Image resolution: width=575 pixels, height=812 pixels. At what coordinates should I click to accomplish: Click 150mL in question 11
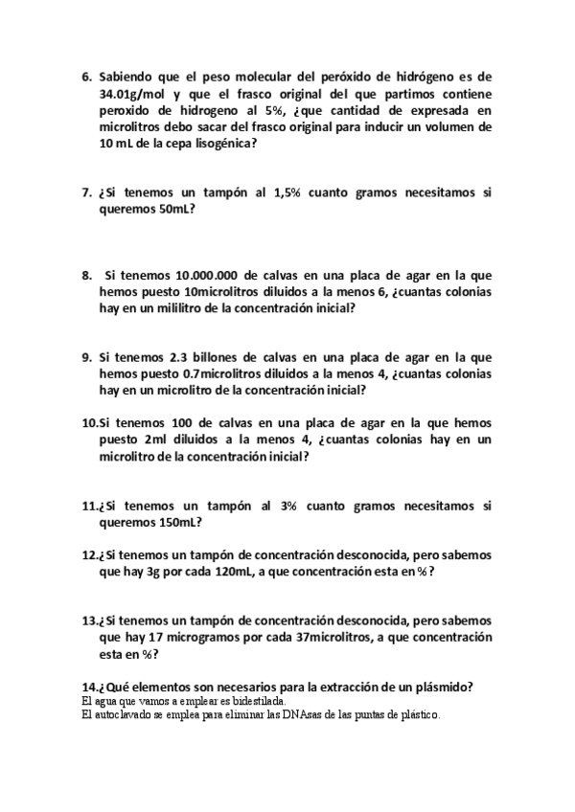173,523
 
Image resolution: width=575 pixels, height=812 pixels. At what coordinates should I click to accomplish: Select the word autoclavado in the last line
121,714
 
